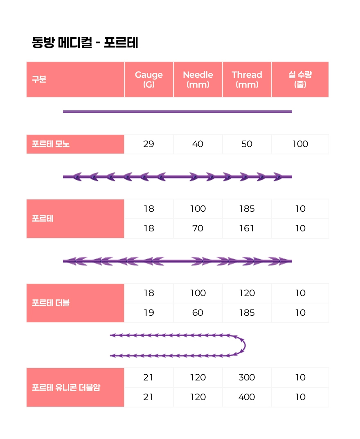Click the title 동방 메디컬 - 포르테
tap(85, 43)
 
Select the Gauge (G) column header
tap(148, 79)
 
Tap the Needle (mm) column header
tap(198, 79)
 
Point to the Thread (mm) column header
tap(247, 79)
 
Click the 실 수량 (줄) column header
tap(300, 79)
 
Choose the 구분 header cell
tap(39, 79)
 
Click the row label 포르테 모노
tap(51, 144)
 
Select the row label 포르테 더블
tap(51, 303)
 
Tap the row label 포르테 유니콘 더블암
tap(66, 387)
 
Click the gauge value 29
tap(148, 144)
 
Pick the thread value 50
tap(247, 144)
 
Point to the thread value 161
tap(247, 229)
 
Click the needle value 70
tap(198, 229)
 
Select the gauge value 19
tap(148, 313)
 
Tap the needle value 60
tap(198, 313)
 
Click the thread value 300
tap(247, 378)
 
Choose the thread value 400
tap(247, 397)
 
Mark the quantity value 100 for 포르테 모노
tap(300, 144)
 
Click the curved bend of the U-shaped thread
tap(243, 345)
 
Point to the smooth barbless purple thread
tap(177, 111)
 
